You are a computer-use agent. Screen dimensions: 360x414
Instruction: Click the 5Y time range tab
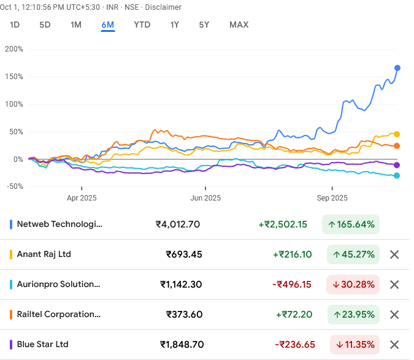[x=204, y=25]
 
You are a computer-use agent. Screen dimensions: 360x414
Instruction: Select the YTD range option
[x=142, y=25]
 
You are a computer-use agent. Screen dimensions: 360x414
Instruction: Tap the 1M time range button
[x=76, y=25]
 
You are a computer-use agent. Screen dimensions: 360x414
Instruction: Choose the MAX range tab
[x=239, y=25]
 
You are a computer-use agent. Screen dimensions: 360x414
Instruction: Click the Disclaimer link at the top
[x=163, y=7]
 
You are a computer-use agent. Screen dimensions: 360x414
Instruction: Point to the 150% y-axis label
[x=13, y=77]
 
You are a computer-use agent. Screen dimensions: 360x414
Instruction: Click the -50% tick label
[x=13, y=186]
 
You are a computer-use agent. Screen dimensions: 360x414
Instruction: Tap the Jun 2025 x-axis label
[x=205, y=198]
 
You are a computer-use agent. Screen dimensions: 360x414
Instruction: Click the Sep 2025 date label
[x=332, y=198]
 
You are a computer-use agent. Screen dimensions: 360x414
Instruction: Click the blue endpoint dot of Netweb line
[x=397, y=67]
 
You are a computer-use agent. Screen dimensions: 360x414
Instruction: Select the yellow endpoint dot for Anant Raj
[x=397, y=134]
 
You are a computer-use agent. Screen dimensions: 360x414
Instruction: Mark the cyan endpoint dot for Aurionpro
[x=397, y=176]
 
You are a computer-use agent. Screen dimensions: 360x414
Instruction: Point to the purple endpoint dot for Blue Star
[x=397, y=165]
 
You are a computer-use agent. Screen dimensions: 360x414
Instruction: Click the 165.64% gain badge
[x=351, y=224]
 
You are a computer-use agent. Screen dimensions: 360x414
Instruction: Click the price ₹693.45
[x=184, y=255]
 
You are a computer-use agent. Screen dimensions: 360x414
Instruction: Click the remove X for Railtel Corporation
[x=394, y=315]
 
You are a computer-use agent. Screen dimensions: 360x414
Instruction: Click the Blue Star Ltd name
[x=43, y=345]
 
